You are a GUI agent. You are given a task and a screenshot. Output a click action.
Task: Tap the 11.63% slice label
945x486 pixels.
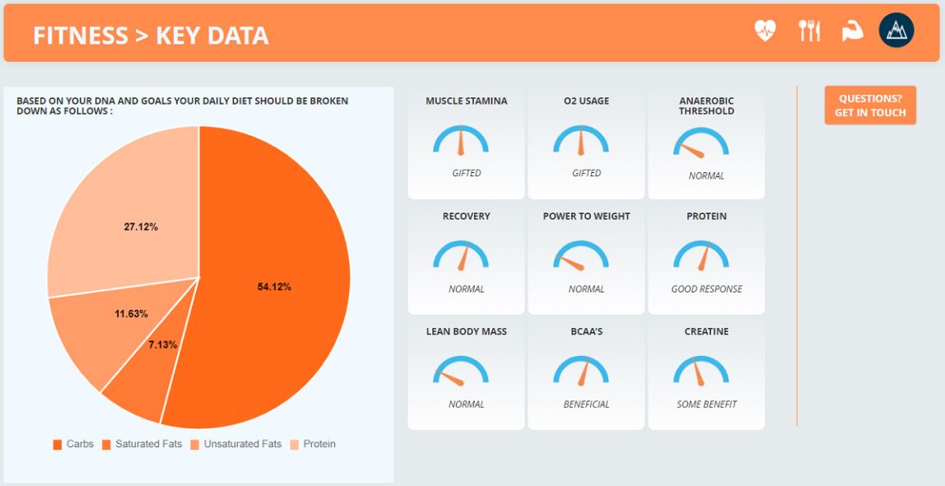131,314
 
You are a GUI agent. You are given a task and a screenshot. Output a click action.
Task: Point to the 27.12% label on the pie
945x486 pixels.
141,227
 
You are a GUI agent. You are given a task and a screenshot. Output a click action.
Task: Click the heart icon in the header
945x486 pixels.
765,31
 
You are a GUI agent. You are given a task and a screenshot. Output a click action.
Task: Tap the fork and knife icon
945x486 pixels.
809,31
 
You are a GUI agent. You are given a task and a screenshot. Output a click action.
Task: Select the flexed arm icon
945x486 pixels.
852,31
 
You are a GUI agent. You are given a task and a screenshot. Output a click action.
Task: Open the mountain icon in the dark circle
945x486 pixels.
896,31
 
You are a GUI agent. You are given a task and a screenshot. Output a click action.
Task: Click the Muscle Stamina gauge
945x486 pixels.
461,141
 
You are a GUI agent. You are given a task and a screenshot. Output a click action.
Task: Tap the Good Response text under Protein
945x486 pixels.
706,289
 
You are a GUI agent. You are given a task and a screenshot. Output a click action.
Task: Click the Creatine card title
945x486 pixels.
706,332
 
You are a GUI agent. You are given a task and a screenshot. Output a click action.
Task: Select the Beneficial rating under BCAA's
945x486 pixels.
586,404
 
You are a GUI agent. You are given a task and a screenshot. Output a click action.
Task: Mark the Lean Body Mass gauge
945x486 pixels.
461,372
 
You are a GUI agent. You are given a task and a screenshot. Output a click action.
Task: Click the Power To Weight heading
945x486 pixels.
586,217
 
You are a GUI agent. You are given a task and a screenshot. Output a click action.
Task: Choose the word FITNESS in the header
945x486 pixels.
81,35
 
